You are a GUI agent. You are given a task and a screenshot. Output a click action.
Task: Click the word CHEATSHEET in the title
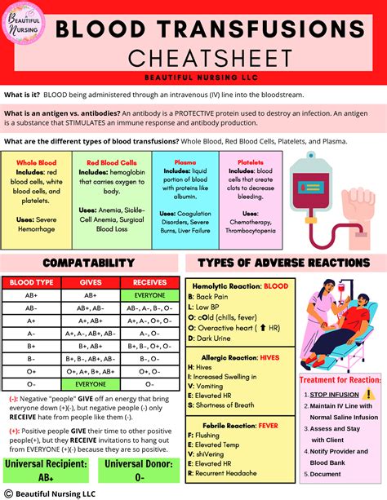pos(216,58)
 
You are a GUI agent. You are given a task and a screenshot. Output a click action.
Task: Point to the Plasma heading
pos(172,162)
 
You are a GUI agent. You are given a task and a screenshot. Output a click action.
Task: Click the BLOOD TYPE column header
pos(30,281)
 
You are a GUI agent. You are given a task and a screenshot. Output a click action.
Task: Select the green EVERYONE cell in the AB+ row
pos(149,294)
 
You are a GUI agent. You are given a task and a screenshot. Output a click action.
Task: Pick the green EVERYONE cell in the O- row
pos(90,383)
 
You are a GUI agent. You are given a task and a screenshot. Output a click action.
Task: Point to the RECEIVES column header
pos(149,281)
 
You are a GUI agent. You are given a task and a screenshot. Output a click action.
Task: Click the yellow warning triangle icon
pos(367,394)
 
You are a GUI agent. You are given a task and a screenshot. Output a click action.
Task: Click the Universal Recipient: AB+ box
pos(46,471)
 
